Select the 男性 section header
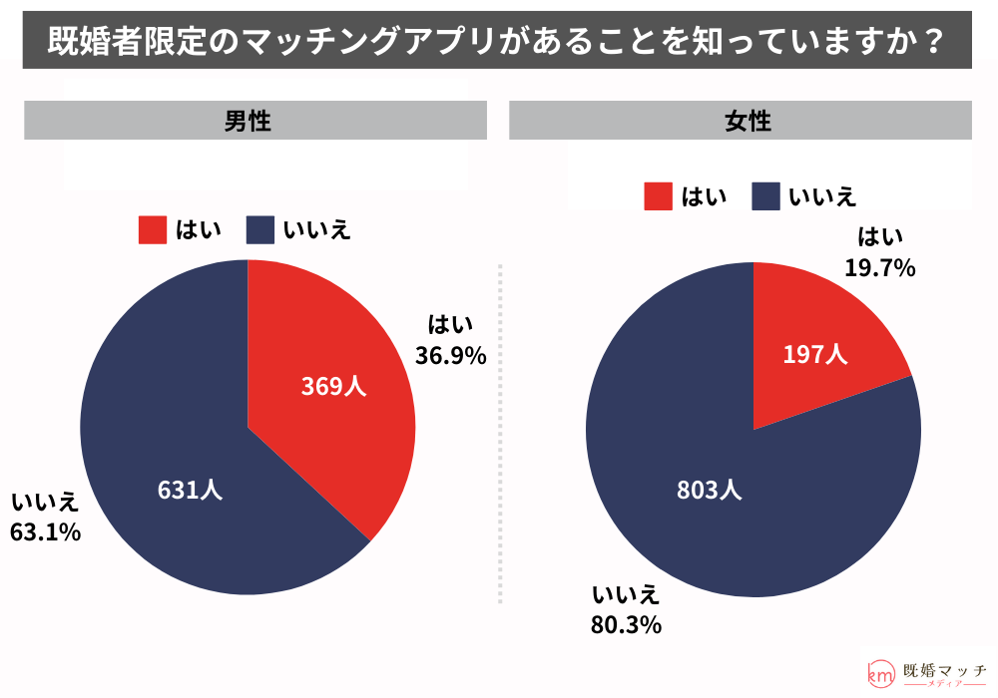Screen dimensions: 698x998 255,122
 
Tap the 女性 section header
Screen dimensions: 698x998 741,122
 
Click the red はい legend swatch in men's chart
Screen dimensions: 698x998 152,230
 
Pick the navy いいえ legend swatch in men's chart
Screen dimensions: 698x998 259,230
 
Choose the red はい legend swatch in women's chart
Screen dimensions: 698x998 658,196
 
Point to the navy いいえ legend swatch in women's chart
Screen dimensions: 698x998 765,196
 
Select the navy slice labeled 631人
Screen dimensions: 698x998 190,490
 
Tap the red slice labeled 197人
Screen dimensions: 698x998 815,354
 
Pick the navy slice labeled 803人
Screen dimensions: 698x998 709,490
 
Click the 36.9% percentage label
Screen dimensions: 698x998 450,355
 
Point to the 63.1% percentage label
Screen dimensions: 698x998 45,532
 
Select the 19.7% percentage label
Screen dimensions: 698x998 881,267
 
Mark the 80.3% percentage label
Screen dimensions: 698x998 627,626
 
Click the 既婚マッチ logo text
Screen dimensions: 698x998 943,671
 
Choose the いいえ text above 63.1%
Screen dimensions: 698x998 45,502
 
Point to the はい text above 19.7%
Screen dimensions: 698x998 881,237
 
